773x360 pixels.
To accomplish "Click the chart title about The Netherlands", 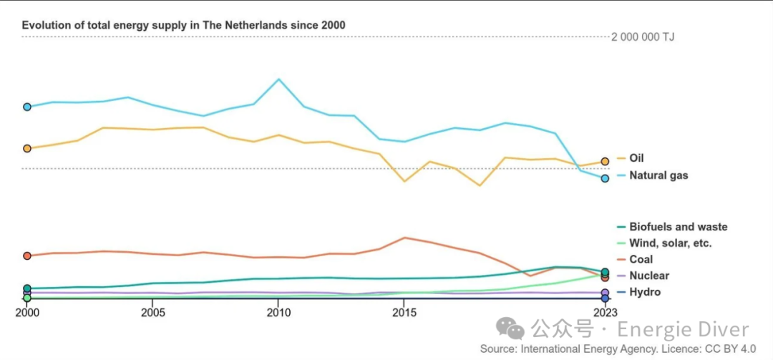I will click(183, 25).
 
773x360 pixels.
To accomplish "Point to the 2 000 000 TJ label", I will click(642, 37).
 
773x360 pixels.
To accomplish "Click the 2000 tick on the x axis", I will click(27, 312).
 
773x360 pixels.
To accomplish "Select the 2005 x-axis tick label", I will click(152, 312).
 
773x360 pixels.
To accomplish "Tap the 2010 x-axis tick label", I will click(278, 312).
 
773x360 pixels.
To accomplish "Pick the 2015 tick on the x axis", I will click(404, 312).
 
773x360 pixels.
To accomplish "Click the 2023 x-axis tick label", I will click(605, 312).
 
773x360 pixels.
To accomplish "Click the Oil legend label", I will click(636, 158).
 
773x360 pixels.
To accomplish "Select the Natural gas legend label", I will click(658, 175).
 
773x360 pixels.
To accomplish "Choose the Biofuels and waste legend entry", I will click(678, 227).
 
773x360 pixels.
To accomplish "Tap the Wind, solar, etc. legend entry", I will click(670, 243).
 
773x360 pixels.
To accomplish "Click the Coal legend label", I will click(641, 259).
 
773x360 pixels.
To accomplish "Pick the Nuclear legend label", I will click(649, 276).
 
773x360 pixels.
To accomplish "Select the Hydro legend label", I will click(644, 292).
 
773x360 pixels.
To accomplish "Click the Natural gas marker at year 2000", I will click(27, 107).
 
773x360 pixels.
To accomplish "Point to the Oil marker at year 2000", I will click(27, 148).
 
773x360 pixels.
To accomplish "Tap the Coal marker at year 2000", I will click(27, 256).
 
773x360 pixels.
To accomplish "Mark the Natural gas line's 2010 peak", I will click(278, 79).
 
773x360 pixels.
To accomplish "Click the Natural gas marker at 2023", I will click(605, 178).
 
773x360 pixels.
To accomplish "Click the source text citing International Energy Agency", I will click(618, 349).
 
